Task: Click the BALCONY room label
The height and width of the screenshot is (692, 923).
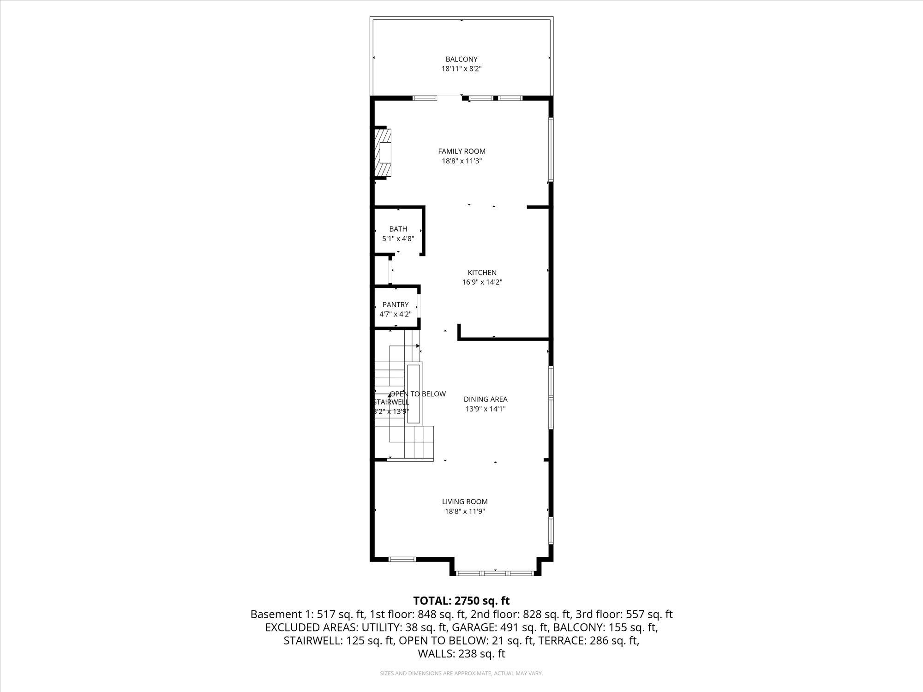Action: point(461,59)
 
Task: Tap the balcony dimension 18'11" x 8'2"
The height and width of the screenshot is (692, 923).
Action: point(461,69)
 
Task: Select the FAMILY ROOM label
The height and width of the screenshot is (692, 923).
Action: point(461,151)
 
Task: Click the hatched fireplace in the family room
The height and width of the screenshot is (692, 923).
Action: point(383,153)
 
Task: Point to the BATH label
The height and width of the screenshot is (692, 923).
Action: point(398,229)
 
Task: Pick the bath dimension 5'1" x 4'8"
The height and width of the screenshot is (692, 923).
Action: point(398,239)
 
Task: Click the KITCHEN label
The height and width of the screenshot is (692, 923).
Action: point(482,272)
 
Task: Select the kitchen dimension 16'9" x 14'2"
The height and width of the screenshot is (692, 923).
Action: point(482,282)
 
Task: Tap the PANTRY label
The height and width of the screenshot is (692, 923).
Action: point(396,304)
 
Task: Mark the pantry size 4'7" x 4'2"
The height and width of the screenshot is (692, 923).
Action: point(396,314)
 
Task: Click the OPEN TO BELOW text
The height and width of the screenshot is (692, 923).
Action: point(418,394)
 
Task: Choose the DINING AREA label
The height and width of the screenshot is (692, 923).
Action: point(485,399)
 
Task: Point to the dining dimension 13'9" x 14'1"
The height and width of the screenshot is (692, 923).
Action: point(485,409)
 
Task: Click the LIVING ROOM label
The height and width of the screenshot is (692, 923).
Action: point(465,501)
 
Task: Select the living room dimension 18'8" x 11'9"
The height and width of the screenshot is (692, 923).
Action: point(465,511)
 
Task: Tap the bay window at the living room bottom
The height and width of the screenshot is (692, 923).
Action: point(495,573)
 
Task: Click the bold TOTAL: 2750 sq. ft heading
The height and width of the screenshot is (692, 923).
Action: point(461,601)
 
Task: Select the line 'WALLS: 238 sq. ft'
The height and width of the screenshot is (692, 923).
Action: point(461,654)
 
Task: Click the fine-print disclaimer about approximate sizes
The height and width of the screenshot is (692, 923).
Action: point(461,674)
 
